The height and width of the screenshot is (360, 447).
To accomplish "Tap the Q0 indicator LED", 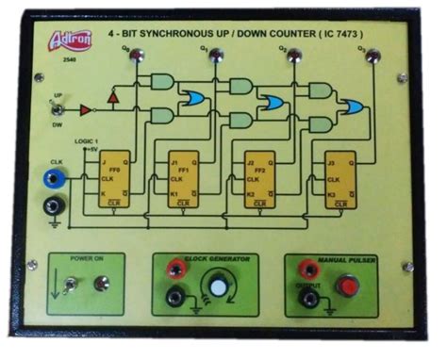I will click(x=138, y=57).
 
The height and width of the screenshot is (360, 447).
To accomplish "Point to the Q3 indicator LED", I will click(x=372, y=57).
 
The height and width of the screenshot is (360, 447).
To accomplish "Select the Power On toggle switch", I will click(x=68, y=283).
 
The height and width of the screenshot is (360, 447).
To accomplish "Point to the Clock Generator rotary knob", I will click(x=220, y=286).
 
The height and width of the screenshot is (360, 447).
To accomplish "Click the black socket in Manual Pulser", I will click(x=307, y=299).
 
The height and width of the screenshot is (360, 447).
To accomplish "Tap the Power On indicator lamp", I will click(x=101, y=283).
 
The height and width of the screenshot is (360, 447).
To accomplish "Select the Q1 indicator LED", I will click(x=216, y=57).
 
